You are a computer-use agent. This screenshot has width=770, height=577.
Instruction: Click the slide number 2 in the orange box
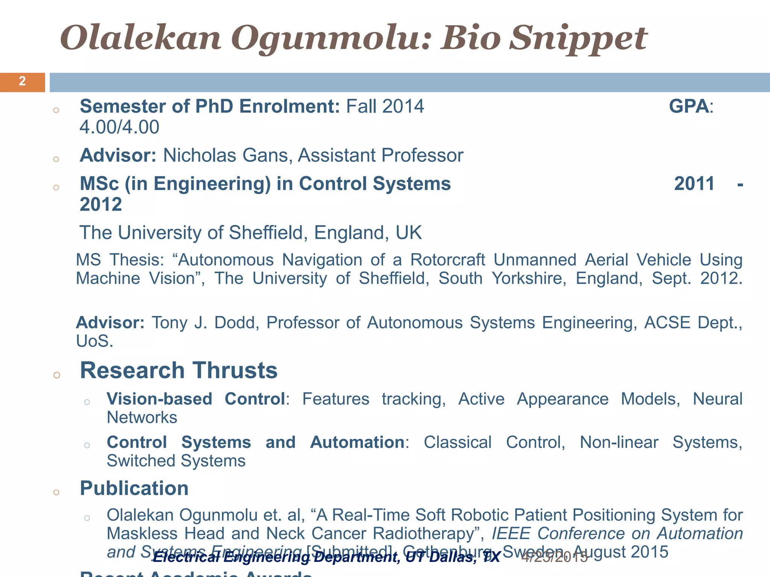(22, 82)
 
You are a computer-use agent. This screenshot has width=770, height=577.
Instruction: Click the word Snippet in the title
(578, 38)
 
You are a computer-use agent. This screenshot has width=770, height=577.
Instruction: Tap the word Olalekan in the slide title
(141, 38)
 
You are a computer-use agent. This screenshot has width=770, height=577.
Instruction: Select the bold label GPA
(689, 106)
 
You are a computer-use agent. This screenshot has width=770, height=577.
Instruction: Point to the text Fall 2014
(385, 106)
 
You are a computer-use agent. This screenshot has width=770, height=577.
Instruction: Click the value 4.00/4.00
(120, 127)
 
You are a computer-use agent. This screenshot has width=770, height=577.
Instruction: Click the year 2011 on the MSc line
(694, 184)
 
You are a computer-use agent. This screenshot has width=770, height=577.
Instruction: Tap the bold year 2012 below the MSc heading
(101, 205)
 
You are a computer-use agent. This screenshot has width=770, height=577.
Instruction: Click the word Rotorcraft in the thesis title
(448, 260)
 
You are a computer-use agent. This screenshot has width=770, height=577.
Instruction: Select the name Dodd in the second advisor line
(236, 323)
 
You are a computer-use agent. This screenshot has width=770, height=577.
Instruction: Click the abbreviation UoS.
(94, 341)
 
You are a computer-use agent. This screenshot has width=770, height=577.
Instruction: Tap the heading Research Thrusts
(179, 370)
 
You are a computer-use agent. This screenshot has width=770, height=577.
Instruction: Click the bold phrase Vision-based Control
(196, 399)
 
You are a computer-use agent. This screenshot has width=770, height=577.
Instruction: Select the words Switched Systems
(176, 461)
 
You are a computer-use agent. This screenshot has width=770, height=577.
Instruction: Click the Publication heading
(134, 488)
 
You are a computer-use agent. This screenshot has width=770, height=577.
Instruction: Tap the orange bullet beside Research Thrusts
(57, 375)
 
